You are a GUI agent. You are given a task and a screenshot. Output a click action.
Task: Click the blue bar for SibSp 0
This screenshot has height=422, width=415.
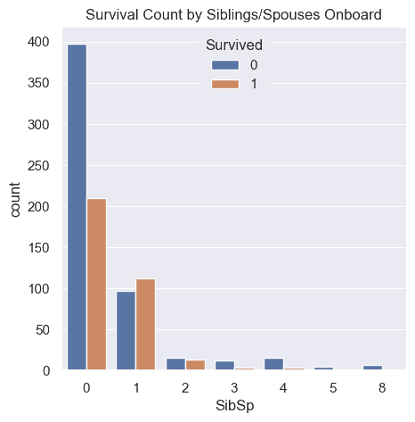(77, 207)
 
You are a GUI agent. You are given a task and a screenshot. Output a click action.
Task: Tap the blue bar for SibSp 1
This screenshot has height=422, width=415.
(126, 330)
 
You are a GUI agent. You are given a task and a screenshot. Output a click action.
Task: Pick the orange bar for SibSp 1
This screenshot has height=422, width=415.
(146, 324)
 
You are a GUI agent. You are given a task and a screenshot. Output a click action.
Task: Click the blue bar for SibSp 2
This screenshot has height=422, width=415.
(175, 364)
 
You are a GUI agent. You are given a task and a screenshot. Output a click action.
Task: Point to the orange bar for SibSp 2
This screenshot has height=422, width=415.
(195, 365)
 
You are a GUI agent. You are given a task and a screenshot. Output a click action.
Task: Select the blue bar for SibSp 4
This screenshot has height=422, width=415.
(273, 364)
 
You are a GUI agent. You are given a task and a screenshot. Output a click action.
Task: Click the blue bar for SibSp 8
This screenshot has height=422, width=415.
(371, 368)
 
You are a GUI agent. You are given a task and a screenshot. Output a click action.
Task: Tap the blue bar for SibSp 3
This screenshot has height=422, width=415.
(224, 365)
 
